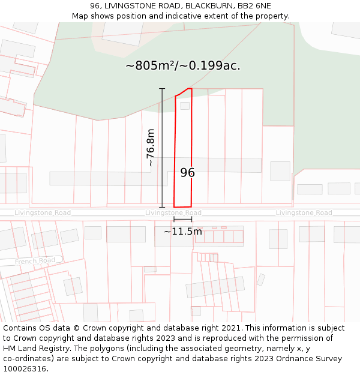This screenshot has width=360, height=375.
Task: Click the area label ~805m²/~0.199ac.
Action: (x=183, y=66)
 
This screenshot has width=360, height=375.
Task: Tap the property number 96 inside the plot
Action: (x=187, y=173)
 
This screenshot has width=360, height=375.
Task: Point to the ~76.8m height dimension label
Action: (x=151, y=148)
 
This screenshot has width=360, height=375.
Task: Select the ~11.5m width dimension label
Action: (x=183, y=232)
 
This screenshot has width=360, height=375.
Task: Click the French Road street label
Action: (x=35, y=260)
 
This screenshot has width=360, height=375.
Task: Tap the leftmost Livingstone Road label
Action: (x=43, y=213)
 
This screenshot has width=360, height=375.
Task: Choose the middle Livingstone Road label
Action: (x=173, y=213)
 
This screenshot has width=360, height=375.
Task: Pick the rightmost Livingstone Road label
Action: (x=304, y=213)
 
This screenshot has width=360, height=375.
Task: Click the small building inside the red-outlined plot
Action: (x=185, y=106)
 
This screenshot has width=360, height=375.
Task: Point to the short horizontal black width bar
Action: (x=183, y=220)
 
